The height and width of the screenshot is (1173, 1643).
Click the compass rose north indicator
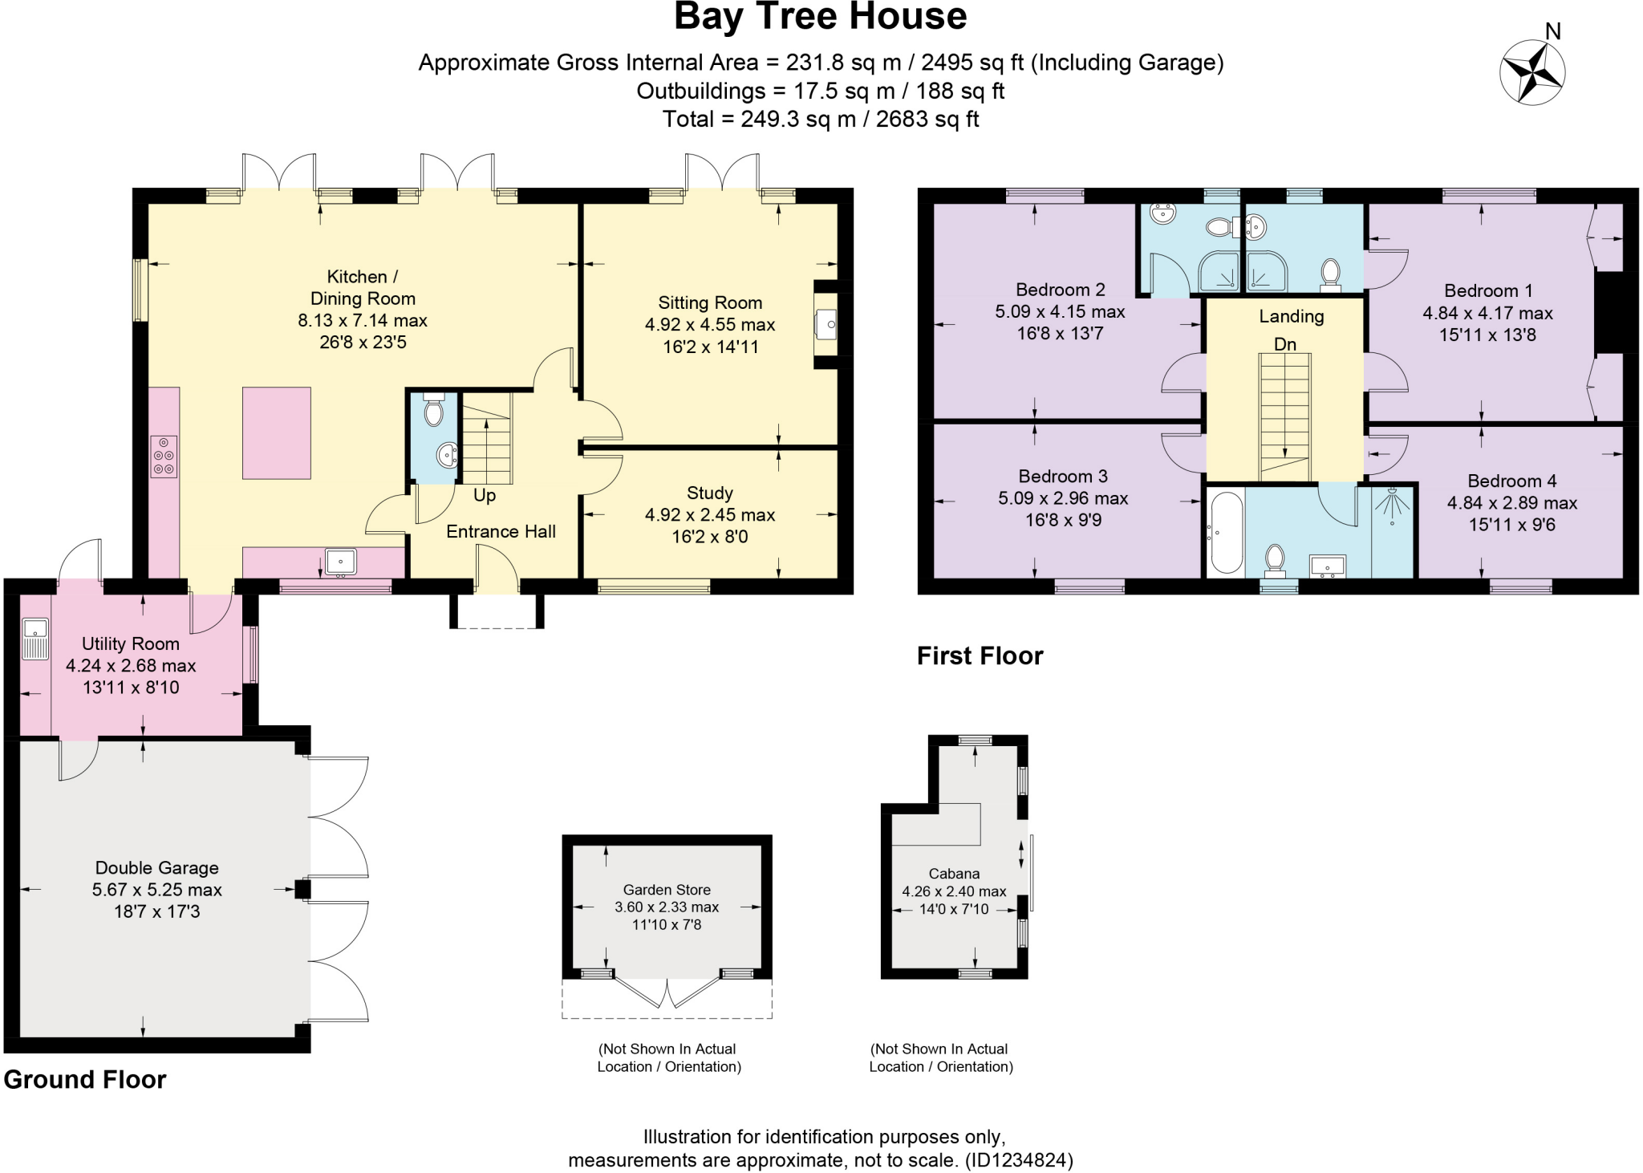[1532, 72]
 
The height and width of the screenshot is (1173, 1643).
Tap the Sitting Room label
[710, 302]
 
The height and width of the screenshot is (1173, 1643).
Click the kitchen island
[277, 433]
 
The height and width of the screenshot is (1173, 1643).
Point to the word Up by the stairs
[485, 495]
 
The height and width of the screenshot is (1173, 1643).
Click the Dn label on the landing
[1285, 344]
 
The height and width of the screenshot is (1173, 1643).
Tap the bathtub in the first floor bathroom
[1226, 534]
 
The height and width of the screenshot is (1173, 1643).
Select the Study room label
[710, 493]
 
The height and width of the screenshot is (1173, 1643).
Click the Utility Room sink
[35, 638]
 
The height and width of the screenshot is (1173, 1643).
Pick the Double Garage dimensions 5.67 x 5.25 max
[157, 889]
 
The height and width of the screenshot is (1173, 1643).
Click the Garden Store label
[667, 889]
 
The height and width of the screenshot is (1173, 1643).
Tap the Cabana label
[954, 873]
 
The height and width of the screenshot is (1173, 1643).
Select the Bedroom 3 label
[1063, 476]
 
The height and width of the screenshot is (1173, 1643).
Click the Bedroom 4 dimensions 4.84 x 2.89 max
[1512, 503]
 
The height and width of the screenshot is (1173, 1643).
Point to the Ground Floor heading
[85, 1079]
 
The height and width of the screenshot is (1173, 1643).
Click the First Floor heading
[980, 655]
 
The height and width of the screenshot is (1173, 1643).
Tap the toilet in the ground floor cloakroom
[433, 412]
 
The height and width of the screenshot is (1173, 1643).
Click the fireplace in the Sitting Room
[826, 324]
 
